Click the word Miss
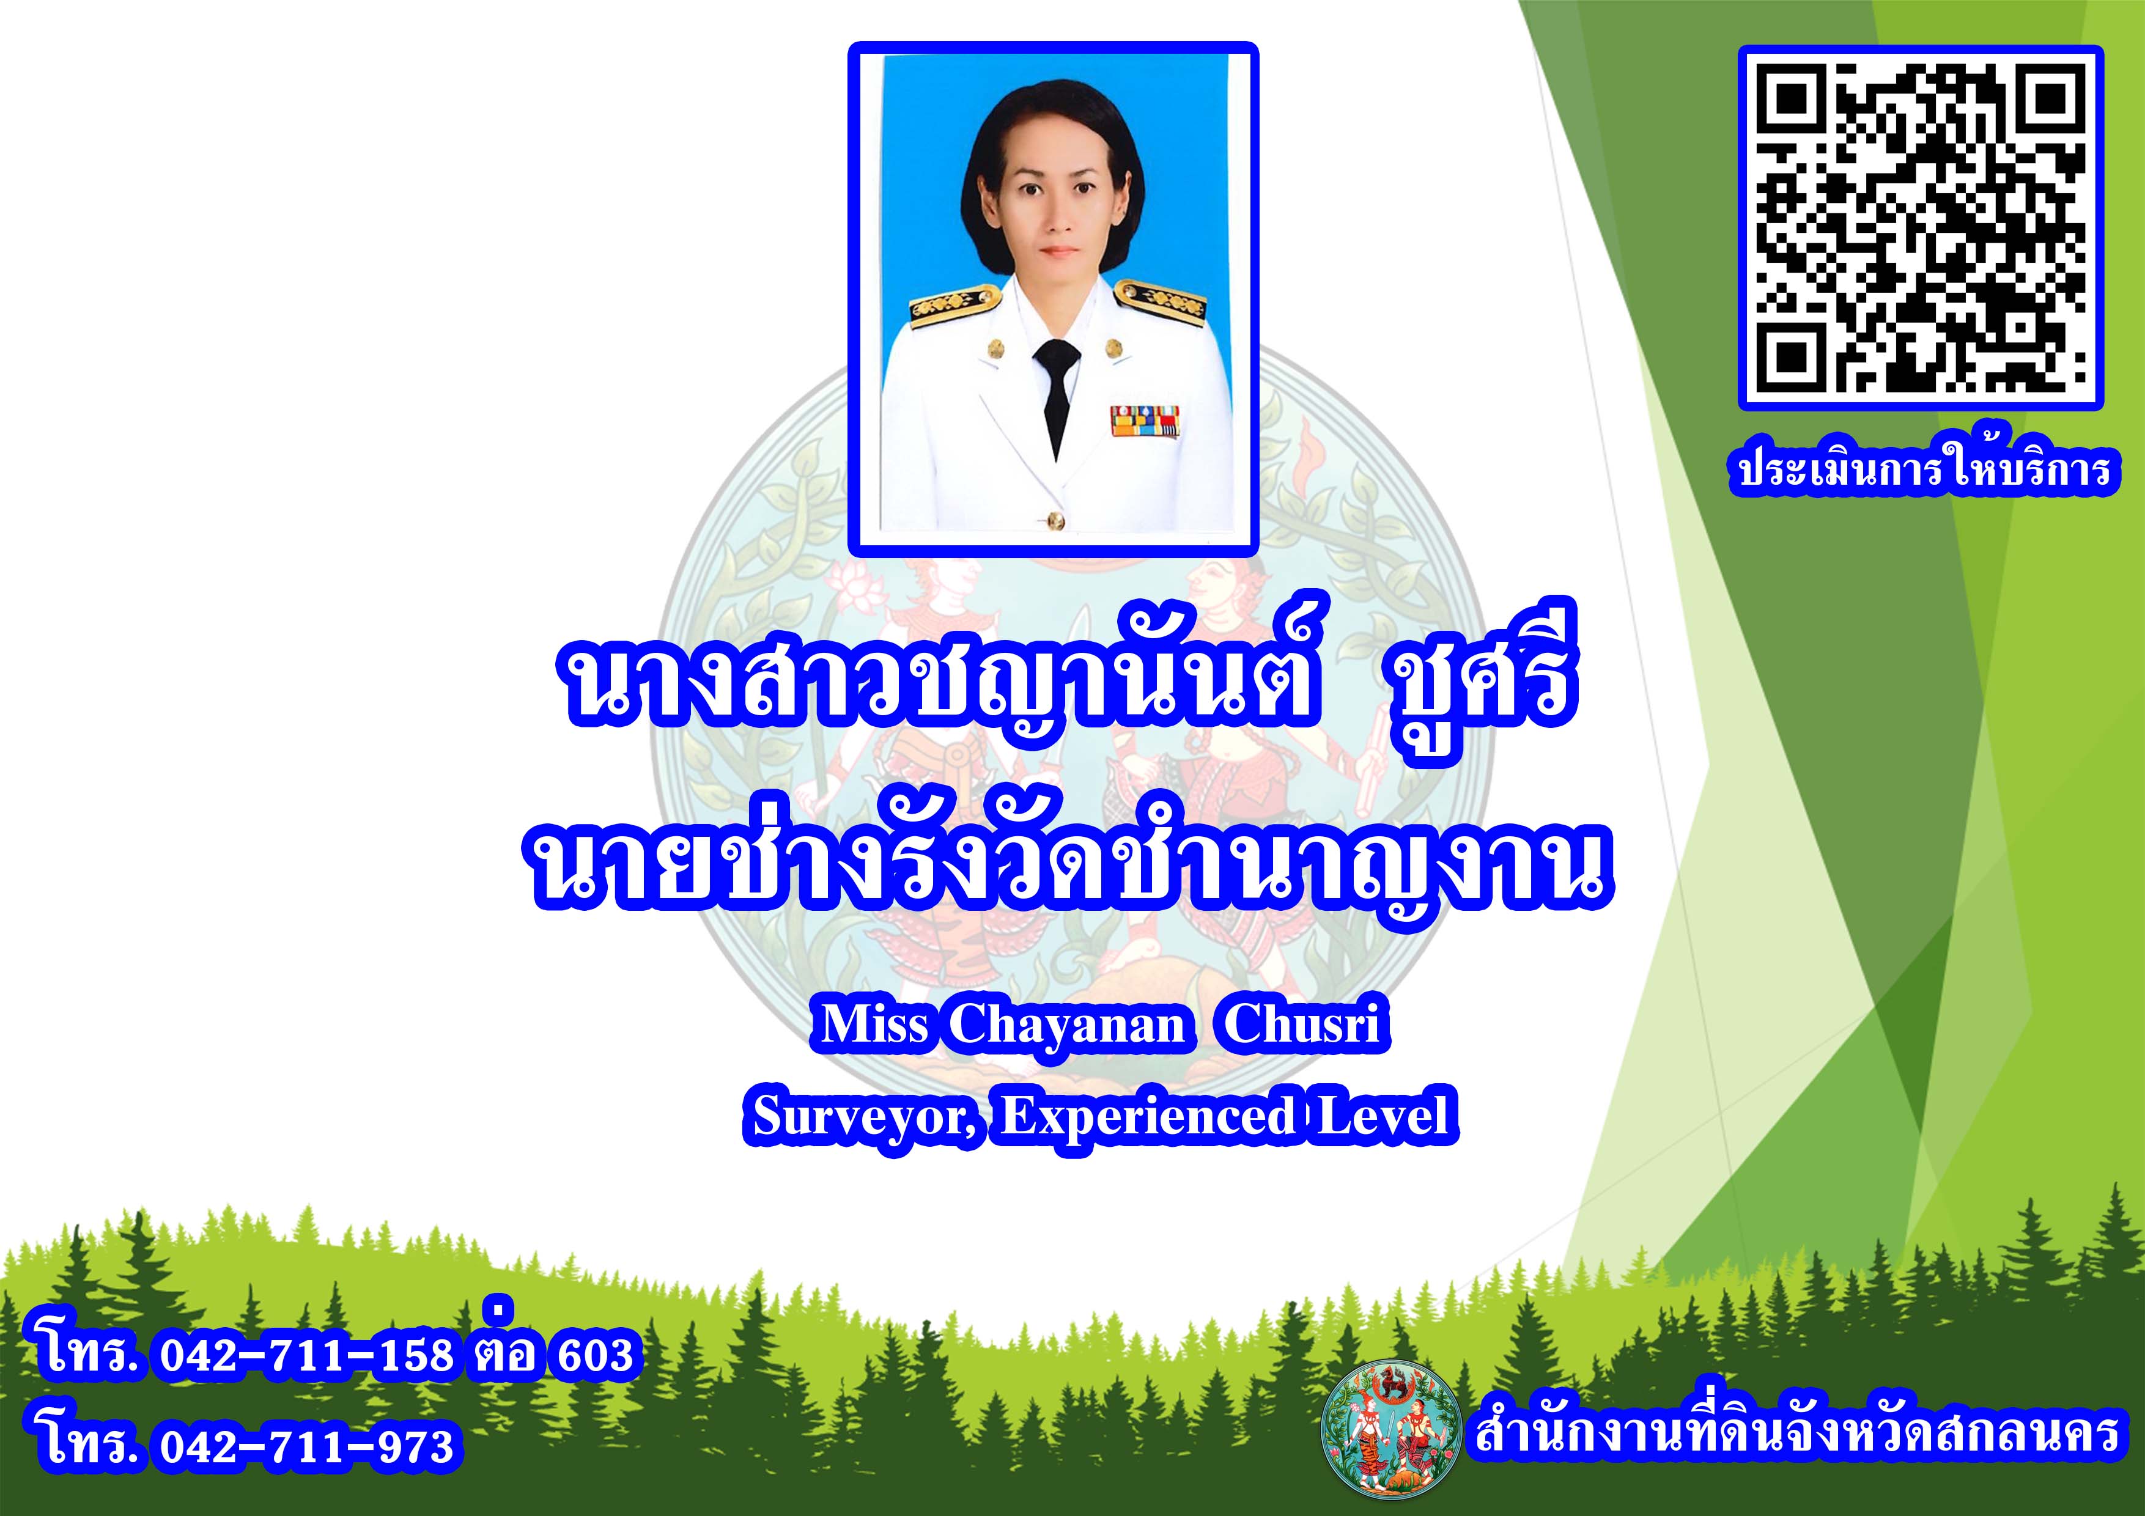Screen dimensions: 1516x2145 tap(874, 1025)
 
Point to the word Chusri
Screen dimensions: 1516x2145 tap(1301, 1025)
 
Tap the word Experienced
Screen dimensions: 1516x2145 tap(1149, 1115)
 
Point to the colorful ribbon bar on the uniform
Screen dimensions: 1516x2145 tap(1145, 421)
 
